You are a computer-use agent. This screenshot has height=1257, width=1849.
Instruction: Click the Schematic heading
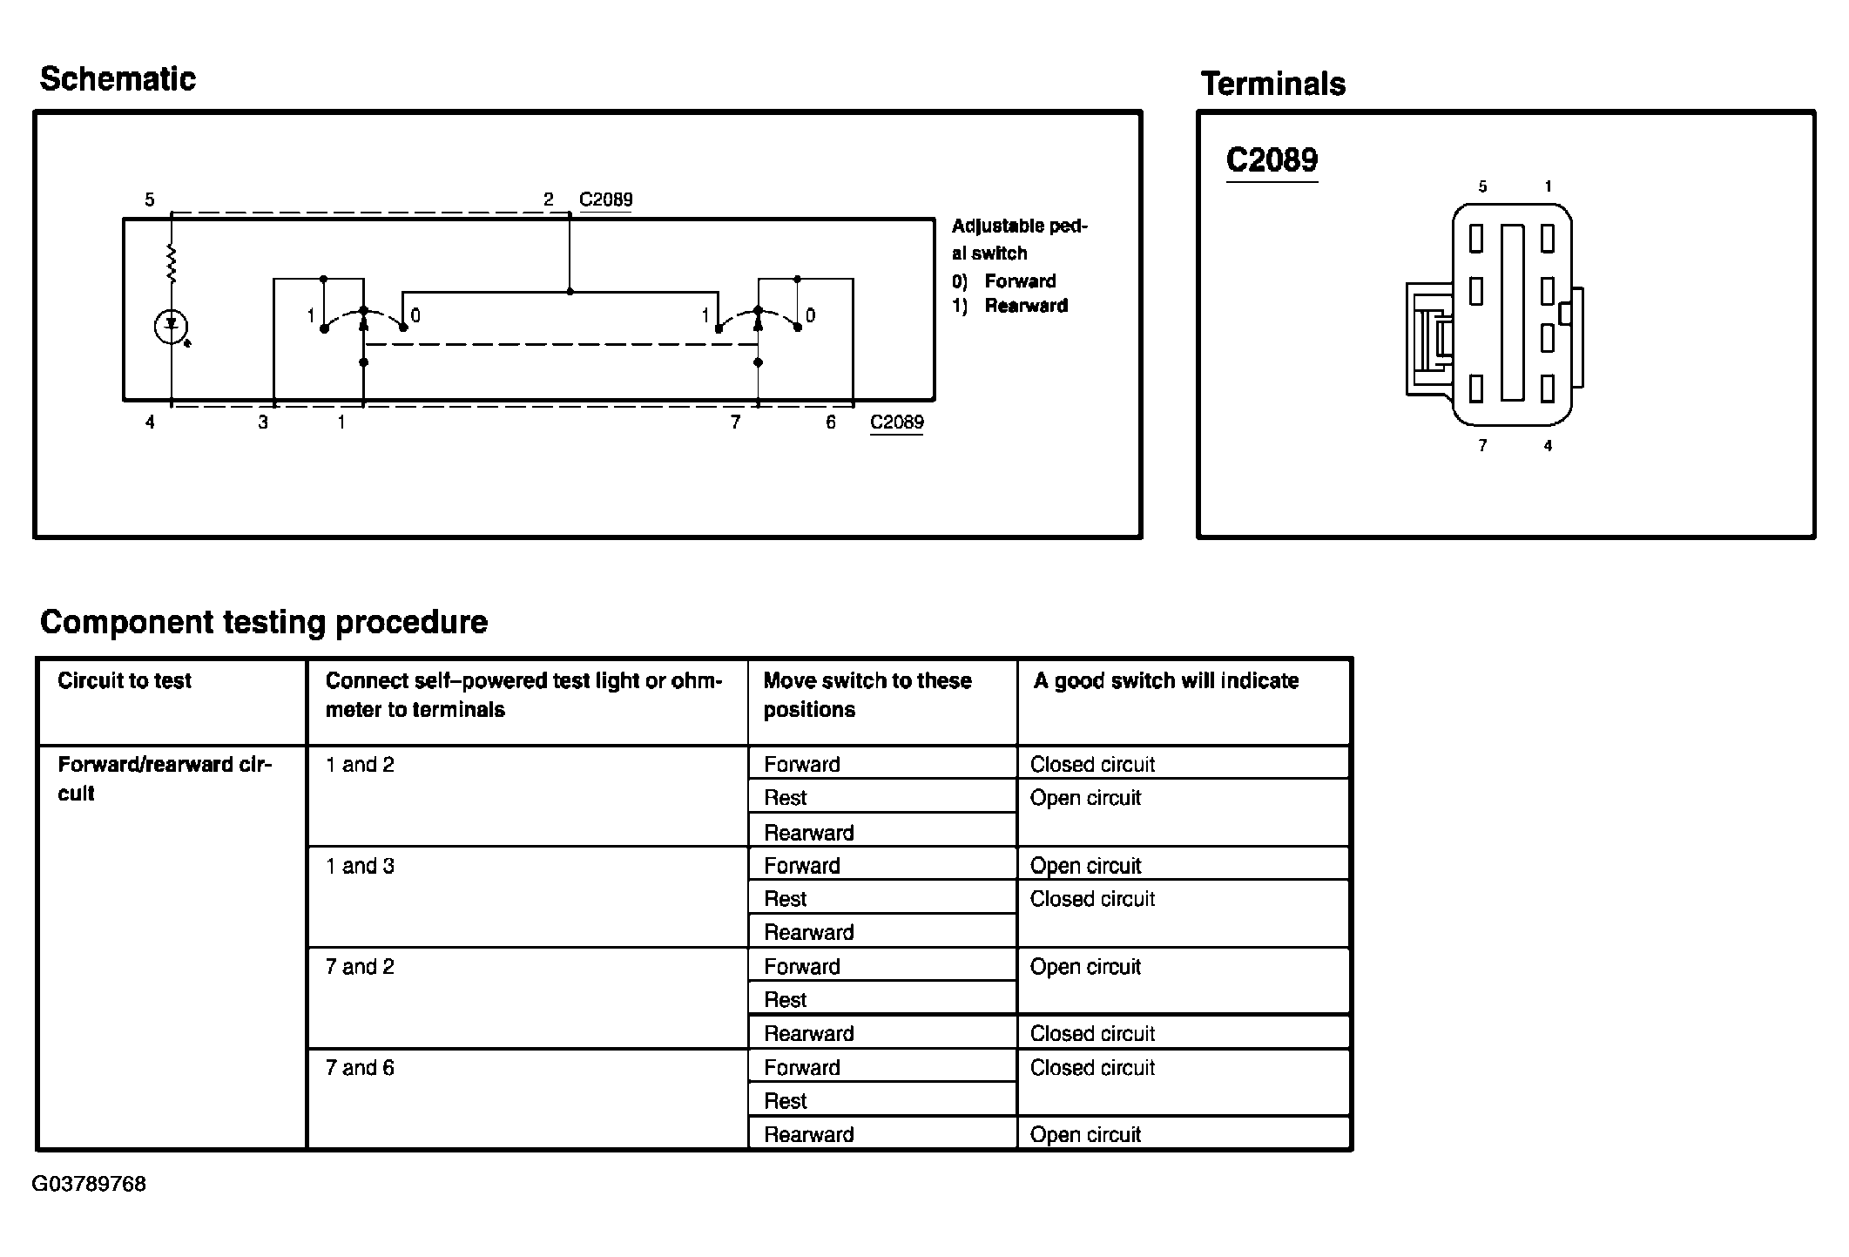click(x=118, y=79)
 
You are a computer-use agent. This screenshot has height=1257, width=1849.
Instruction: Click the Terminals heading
click(x=1272, y=84)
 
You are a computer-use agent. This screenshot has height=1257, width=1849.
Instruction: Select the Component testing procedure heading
click(x=263, y=622)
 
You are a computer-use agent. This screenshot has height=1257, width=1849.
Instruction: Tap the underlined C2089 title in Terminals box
click(x=1272, y=160)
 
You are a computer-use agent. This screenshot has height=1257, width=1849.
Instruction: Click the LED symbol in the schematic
click(x=171, y=327)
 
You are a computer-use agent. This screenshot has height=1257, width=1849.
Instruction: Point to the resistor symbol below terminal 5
click(x=171, y=264)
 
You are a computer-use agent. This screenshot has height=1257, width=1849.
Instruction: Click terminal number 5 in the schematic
click(x=150, y=200)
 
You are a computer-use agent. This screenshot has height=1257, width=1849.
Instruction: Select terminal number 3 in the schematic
click(x=263, y=422)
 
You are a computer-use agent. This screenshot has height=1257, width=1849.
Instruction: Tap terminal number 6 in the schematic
click(x=831, y=422)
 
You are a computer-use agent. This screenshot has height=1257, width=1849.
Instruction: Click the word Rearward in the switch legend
click(x=1026, y=306)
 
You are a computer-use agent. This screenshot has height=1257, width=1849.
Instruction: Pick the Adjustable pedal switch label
click(x=1018, y=240)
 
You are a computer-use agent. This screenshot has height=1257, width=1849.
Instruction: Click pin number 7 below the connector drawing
click(x=1482, y=446)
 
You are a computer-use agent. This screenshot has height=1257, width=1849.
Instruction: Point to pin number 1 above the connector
click(x=1548, y=186)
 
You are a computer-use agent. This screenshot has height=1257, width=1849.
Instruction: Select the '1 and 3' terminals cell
click(x=360, y=866)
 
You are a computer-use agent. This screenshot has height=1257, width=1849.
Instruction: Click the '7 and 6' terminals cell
click(x=360, y=1068)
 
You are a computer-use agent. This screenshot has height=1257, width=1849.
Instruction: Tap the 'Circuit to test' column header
click(x=125, y=681)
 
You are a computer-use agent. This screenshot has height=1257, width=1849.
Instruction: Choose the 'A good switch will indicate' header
click(x=1165, y=681)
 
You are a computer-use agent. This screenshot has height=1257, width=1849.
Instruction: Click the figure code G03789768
click(x=89, y=1185)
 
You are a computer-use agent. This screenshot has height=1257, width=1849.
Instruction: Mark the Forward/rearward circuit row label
click(x=164, y=779)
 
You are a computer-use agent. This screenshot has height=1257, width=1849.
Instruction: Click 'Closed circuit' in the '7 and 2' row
click(x=1092, y=1034)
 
